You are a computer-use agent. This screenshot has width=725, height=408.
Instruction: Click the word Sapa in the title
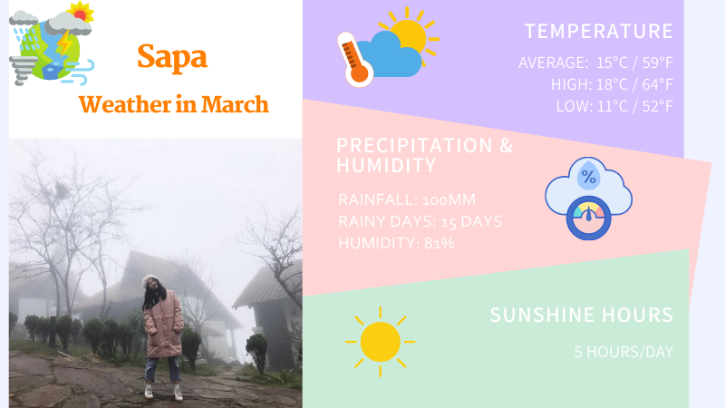pyautogui.click(x=172, y=56)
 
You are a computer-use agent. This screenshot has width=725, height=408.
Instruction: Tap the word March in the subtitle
pyautogui.click(x=235, y=104)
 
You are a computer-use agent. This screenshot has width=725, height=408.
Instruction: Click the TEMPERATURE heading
pyautogui.click(x=598, y=32)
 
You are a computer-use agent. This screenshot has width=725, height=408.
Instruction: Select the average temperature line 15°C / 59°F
pyautogui.click(x=634, y=63)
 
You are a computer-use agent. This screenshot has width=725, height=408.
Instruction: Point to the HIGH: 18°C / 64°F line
pyautogui.click(x=612, y=84)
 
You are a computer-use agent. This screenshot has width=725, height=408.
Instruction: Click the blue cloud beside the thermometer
pyautogui.click(x=391, y=56)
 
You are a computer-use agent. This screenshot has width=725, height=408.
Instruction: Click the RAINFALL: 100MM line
pyautogui.click(x=407, y=199)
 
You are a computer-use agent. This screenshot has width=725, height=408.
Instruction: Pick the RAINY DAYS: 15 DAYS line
pyautogui.click(x=420, y=221)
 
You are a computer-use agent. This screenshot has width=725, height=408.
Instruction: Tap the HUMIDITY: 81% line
pyautogui.click(x=396, y=243)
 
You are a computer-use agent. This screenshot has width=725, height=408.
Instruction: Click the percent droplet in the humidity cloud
pyautogui.click(x=588, y=175)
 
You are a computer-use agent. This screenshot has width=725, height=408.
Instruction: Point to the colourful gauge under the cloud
pyautogui.click(x=589, y=219)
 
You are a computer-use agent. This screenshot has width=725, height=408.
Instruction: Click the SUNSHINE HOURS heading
pyautogui.click(x=581, y=316)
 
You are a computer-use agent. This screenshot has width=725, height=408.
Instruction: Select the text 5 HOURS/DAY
pyautogui.click(x=623, y=351)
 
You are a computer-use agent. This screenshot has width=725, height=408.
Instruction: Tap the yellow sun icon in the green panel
pyautogui.click(x=380, y=342)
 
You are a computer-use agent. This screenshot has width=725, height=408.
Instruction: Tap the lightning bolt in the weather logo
pyautogui.click(x=63, y=42)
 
